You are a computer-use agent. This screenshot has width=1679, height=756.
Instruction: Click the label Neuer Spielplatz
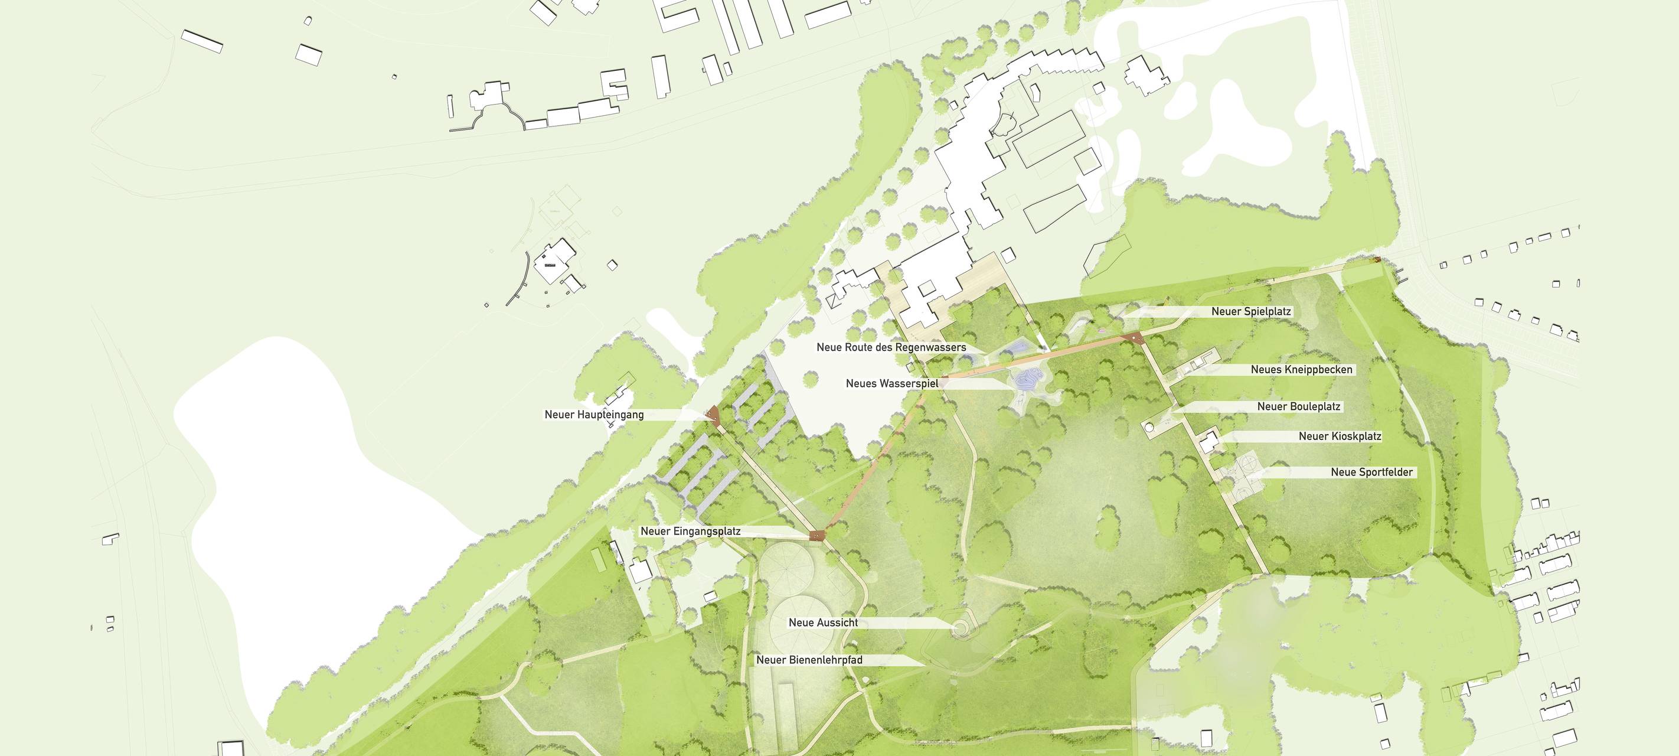pos(1251,312)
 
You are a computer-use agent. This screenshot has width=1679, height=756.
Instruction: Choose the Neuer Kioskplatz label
pos(1340,436)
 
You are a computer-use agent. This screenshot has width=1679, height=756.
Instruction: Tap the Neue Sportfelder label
pos(1371,472)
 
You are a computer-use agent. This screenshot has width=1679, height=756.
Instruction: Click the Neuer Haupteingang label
pos(594,415)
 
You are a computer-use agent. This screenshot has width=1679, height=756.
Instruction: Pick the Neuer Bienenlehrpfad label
pos(809,660)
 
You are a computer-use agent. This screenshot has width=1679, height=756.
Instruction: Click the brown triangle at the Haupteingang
pos(714,414)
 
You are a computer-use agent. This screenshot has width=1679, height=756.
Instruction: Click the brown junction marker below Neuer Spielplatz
pos(1134,337)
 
